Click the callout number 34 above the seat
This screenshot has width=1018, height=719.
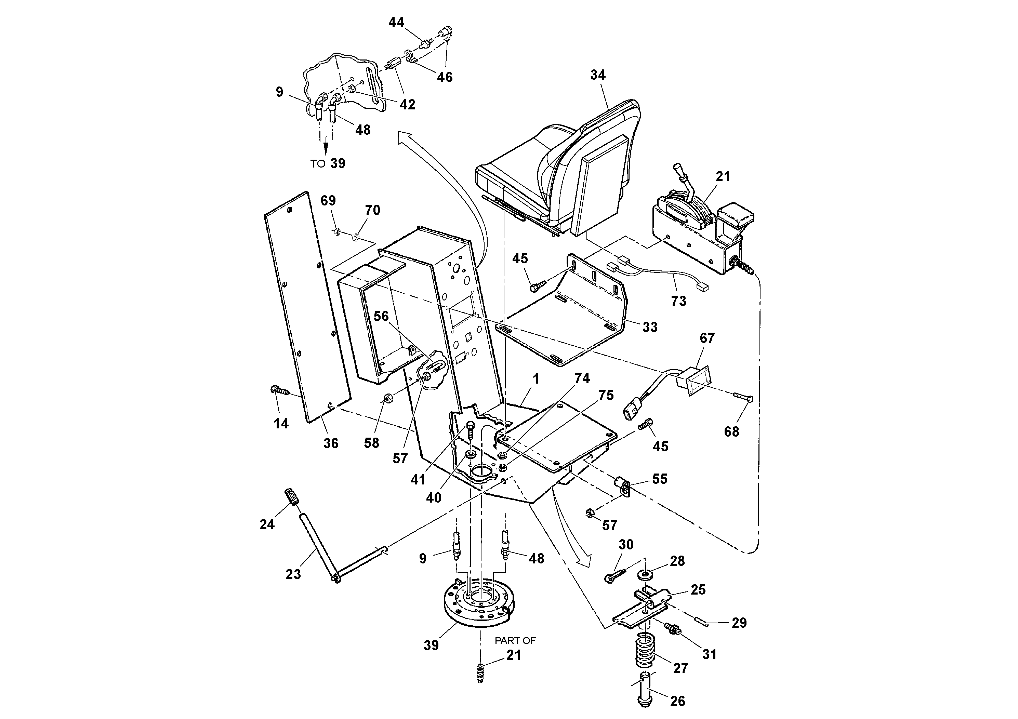click(x=597, y=75)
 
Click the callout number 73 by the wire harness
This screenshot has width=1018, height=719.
click(x=678, y=301)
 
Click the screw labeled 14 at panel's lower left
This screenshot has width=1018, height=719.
click(x=277, y=390)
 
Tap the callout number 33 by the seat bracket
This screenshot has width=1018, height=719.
click(x=650, y=327)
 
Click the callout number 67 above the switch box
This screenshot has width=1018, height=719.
click(x=707, y=338)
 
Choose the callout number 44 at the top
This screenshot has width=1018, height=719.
click(x=396, y=22)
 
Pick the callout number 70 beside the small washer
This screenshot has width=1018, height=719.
click(x=372, y=210)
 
